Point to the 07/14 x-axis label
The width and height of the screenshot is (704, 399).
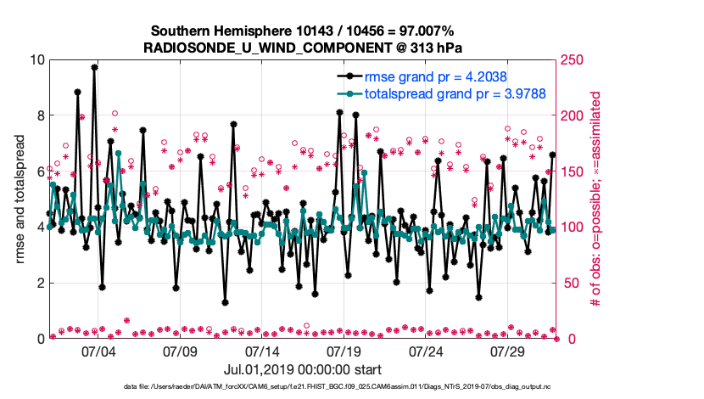pyautogui.click(x=262, y=351)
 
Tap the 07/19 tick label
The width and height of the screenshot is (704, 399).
pyautogui.click(x=344, y=351)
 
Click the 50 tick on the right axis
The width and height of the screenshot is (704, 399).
pyautogui.click(x=568, y=283)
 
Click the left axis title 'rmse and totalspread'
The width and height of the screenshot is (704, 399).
pyautogui.click(x=20, y=199)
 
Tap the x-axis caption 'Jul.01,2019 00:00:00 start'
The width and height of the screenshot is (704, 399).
pyautogui.click(x=303, y=369)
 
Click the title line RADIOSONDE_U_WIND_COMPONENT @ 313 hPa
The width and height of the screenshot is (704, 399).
pyautogui.click(x=303, y=48)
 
